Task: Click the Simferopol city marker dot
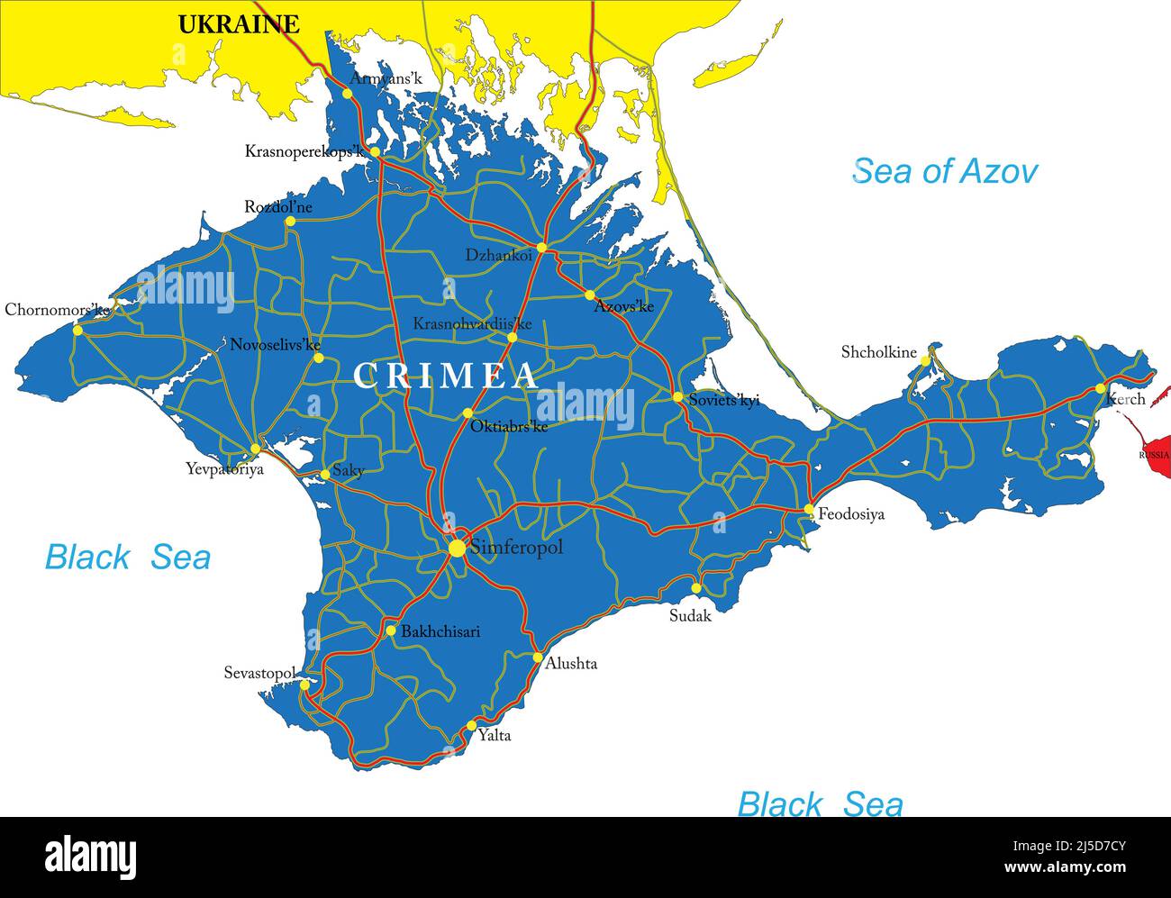(458, 548)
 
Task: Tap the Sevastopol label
(259, 673)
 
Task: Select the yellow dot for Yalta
(471, 725)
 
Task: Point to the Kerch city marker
(1100, 388)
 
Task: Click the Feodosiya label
(850, 514)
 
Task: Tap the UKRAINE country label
(238, 24)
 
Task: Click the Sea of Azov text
(945, 171)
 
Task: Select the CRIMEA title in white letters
(445, 376)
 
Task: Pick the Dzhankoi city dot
(541, 247)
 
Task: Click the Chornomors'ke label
(57, 310)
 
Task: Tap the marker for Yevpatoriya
(255, 449)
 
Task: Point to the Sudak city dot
(695, 588)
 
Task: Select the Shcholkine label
(878, 352)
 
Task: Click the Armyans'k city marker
(348, 93)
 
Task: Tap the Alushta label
(571, 664)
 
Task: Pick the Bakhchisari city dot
(391, 630)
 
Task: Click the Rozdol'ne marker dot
(290, 222)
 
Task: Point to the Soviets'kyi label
(723, 400)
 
